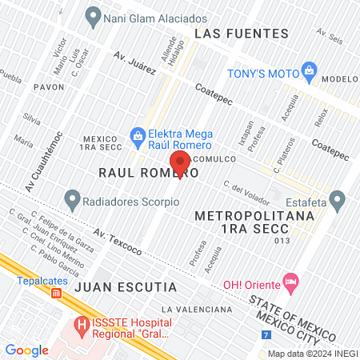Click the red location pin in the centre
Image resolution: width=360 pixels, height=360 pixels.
[180, 162]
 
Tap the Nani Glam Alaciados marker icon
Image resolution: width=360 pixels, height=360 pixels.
[94, 15]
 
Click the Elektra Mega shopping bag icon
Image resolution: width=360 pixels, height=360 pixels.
[138, 135]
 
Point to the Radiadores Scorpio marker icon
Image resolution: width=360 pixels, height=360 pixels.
[73, 196]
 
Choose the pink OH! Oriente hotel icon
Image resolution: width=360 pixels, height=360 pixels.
[290, 282]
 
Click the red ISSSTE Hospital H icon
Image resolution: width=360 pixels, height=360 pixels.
[80, 326]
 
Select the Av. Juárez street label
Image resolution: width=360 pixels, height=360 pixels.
[134, 62]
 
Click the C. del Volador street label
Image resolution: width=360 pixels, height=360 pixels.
[244, 189]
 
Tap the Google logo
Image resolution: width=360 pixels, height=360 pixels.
[26, 350]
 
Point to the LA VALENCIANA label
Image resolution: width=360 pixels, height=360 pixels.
[196, 309]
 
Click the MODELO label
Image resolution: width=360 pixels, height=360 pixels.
[341, 79]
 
